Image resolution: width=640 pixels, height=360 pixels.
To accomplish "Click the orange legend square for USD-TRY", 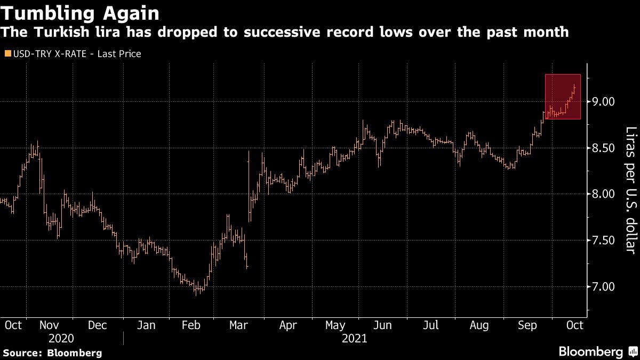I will (x=6, y=54).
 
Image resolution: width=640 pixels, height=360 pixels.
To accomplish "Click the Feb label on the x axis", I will (x=191, y=325).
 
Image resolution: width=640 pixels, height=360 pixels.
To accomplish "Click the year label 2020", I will (x=61, y=338).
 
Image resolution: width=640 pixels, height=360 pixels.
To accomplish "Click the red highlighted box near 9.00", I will (x=563, y=97).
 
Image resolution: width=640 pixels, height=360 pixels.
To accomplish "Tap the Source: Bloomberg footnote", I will (x=52, y=353).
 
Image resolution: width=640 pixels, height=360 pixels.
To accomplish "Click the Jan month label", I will (x=146, y=325).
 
